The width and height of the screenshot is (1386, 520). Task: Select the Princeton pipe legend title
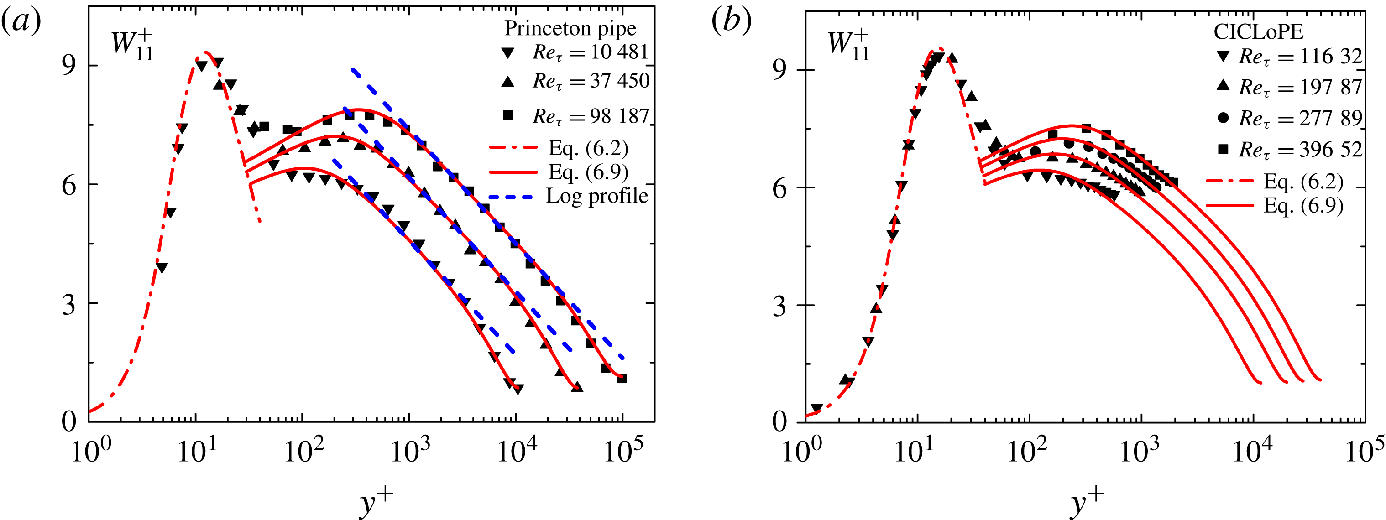pyautogui.click(x=570, y=28)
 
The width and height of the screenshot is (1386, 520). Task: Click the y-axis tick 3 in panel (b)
pyautogui.click(x=779, y=307)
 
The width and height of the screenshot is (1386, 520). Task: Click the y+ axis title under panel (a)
pyautogui.click(x=376, y=502)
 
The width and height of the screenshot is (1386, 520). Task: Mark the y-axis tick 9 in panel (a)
pyautogui.click(x=69, y=67)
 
